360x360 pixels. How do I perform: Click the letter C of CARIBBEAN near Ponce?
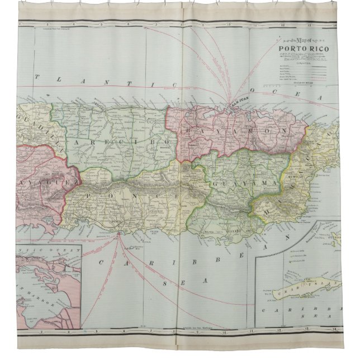coord(102,262)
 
